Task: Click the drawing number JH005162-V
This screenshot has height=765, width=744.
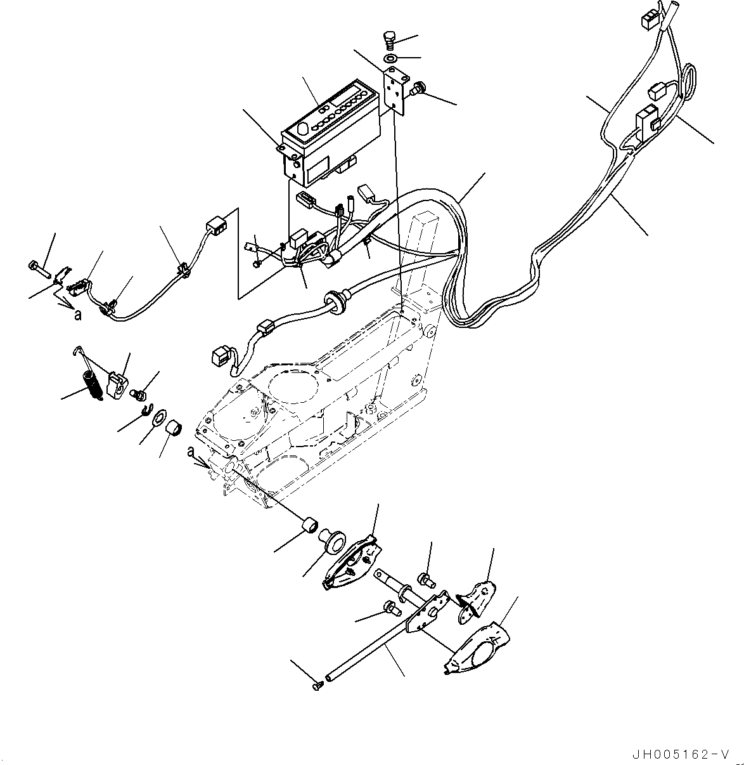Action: point(681,754)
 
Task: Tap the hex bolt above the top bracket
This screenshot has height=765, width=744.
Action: point(390,39)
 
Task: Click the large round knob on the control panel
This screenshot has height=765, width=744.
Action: point(302,129)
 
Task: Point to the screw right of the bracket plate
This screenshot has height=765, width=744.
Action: point(418,91)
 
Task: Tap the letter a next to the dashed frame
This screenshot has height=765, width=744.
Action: point(191,450)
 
